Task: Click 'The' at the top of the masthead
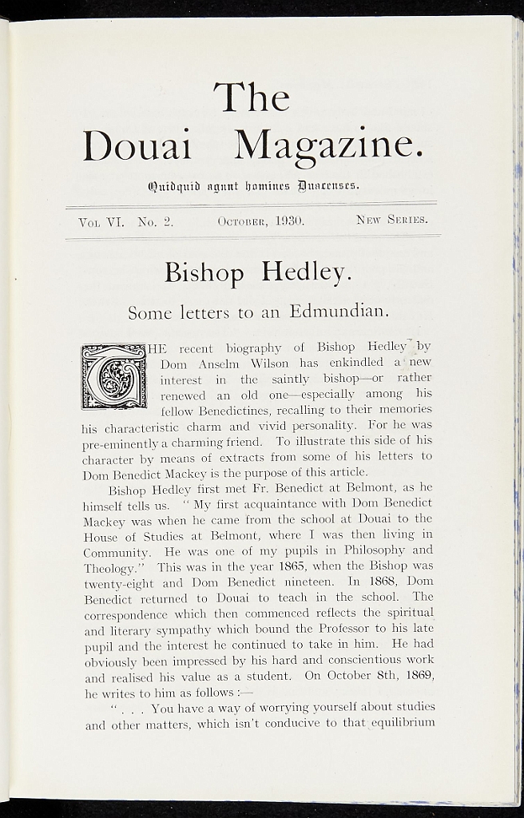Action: tap(251, 97)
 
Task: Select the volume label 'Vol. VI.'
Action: tap(101, 220)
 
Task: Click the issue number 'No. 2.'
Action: tap(155, 220)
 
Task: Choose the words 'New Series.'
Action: tap(391, 219)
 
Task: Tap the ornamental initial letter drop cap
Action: tap(114, 375)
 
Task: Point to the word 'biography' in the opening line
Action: tap(254, 347)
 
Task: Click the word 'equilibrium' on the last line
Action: tap(403, 723)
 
